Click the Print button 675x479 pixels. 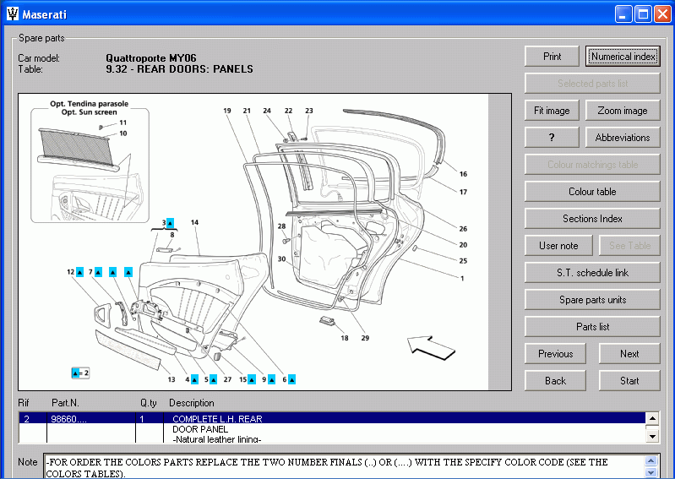coord(552,57)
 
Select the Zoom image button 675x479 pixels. coord(623,111)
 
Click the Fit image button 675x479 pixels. coord(552,111)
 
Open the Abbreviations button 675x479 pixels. coord(623,138)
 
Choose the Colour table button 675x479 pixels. coord(592,192)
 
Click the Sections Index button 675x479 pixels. coord(592,219)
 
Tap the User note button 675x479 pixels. coord(558,246)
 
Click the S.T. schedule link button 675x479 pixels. coord(592,273)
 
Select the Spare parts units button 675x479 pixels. coord(592,300)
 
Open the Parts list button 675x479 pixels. coord(592,327)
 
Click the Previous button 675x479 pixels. coord(555,354)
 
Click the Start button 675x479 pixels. coord(629,381)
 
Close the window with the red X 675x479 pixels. coord(661,14)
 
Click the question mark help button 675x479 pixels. coord(552,138)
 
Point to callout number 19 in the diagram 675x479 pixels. coord(227,111)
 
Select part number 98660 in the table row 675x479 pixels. coord(68,418)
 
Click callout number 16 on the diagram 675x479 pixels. coord(463,174)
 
